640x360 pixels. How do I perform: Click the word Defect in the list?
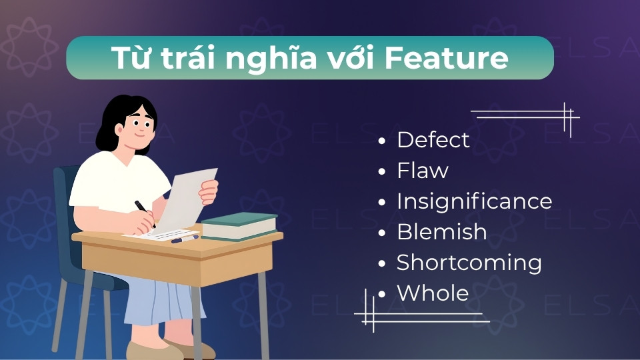[433, 140]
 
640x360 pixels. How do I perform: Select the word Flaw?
[422, 171]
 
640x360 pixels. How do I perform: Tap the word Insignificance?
[474, 201]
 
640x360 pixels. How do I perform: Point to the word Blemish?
[441, 232]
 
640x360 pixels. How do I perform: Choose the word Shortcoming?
[469, 263]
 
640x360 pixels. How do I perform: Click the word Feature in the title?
[447, 58]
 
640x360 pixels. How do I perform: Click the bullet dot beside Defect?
[382, 141]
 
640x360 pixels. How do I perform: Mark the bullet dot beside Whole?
[382, 295]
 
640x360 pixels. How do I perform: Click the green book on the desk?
[239, 225]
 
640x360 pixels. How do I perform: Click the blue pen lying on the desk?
[185, 239]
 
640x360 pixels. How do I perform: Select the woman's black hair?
[113, 120]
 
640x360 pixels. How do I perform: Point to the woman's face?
[140, 127]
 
